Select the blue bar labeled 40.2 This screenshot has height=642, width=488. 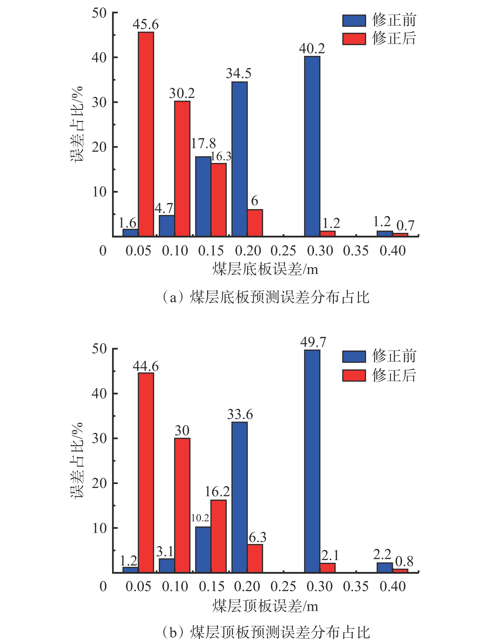pos(312,146)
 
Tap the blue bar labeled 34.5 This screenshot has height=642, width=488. pos(240,159)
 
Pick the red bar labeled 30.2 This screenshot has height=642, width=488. pos(182,169)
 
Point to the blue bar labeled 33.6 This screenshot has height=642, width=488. pos(240,498)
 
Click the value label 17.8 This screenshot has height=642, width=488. pos(203,143)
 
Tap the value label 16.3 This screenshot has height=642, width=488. pos(221,156)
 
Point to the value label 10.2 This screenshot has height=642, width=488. pos(200,518)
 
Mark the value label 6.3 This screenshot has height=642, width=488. pos(257,537)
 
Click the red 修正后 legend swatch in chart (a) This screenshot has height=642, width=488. pos(354,39)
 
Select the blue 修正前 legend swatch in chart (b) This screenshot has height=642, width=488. pos(354,356)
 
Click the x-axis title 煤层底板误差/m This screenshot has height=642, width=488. pos(265,269)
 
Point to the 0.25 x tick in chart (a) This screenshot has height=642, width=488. pos(283,251)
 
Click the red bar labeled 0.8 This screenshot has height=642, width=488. pos(400,571)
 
